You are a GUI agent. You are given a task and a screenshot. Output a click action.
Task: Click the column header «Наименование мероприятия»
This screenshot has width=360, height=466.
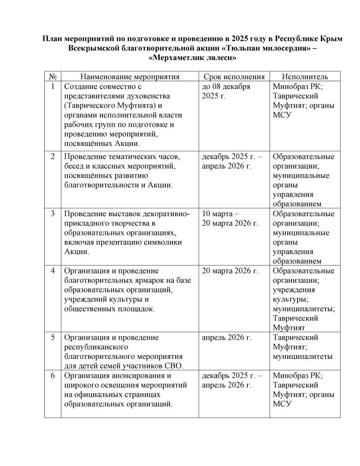(130, 77)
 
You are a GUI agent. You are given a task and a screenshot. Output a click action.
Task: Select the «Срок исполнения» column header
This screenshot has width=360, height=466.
(234, 77)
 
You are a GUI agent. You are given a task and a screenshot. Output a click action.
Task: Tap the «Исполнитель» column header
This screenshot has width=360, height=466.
(305, 77)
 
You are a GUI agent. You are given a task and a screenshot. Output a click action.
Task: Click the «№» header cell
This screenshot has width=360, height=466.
(53, 77)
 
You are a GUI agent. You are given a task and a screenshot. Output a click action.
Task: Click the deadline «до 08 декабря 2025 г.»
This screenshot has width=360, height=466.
(226, 91)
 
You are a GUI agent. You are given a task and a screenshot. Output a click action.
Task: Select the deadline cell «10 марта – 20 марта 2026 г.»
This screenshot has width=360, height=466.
(230, 219)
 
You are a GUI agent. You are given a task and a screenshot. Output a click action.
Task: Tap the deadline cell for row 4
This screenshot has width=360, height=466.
(230, 271)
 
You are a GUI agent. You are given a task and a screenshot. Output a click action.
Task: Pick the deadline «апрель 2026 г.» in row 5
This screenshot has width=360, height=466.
(226, 337)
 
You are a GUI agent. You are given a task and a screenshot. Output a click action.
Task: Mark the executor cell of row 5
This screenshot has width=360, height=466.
(302, 347)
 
